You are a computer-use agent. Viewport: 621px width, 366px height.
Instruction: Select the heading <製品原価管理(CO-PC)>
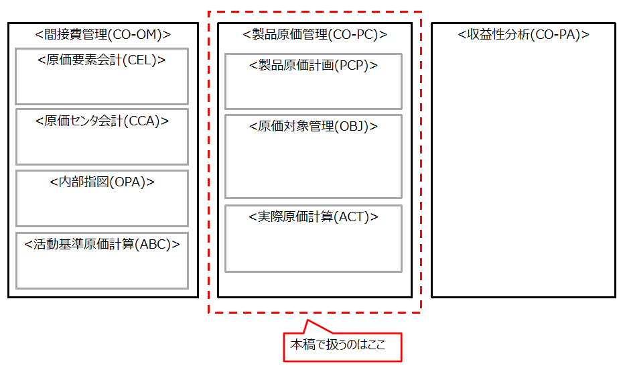(x=314, y=34)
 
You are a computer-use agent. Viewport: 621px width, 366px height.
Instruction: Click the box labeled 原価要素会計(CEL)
(x=102, y=76)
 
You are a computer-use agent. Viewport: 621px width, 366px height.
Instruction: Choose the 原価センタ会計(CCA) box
(x=102, y=137)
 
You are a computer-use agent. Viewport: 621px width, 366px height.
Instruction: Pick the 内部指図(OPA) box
(x=102, y=198)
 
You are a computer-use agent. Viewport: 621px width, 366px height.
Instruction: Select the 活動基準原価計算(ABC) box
(x=102, y=261)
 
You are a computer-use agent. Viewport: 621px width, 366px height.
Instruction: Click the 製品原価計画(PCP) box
(x=314, y=82)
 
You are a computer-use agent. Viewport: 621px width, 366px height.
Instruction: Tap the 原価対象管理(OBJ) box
(x=314, y=157)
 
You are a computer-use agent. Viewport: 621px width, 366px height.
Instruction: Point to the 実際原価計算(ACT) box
(x=314, y=239)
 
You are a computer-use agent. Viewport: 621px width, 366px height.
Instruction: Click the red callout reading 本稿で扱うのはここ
(x=342, y=347)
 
